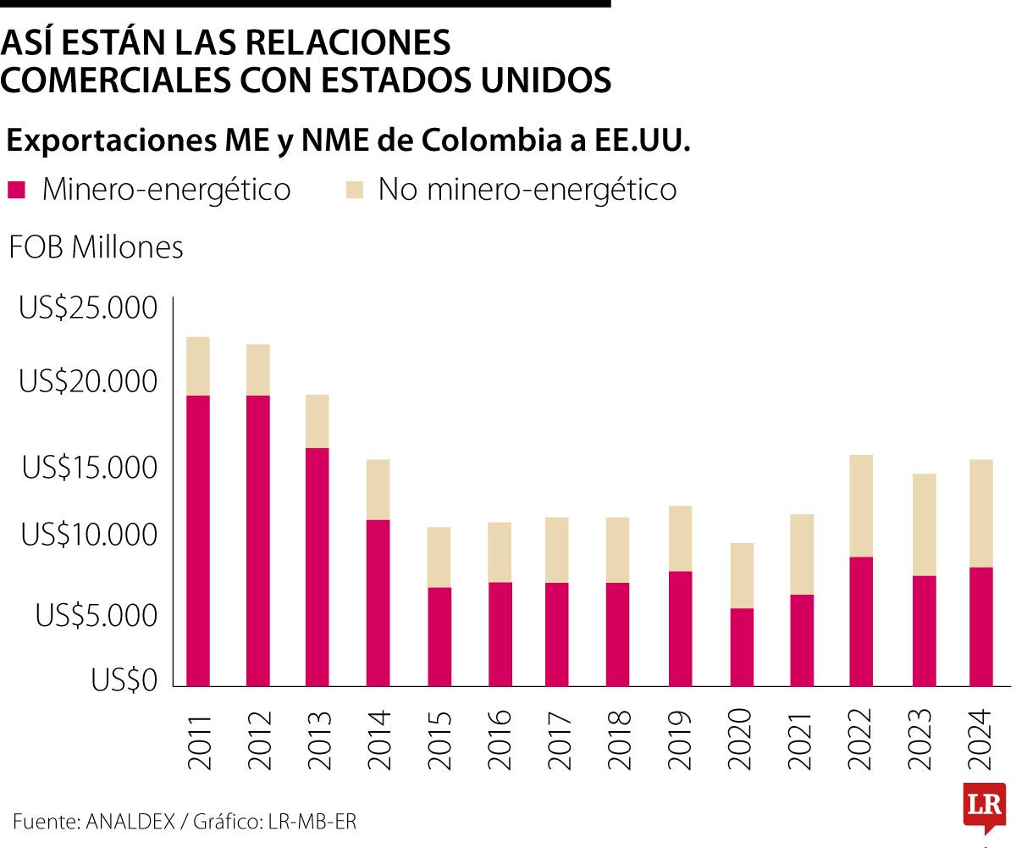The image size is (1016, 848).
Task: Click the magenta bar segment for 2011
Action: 198,540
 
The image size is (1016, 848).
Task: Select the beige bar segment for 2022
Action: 861,506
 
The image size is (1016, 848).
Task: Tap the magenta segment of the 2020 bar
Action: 742,647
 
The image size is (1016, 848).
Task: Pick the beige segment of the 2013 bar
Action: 317,421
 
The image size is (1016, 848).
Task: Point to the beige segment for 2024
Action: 981,513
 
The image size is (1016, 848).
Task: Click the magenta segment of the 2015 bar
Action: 439,636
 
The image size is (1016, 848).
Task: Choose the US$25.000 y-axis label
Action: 88,308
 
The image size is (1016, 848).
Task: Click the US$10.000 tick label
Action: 90,535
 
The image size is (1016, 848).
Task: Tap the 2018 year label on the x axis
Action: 620,740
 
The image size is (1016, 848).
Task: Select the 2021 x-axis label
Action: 801,740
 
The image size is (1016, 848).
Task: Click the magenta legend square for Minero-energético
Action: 16,189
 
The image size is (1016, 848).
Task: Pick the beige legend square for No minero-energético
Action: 354,189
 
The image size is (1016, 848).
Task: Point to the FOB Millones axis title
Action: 96,247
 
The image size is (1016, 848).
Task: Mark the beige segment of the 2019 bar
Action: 680,539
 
